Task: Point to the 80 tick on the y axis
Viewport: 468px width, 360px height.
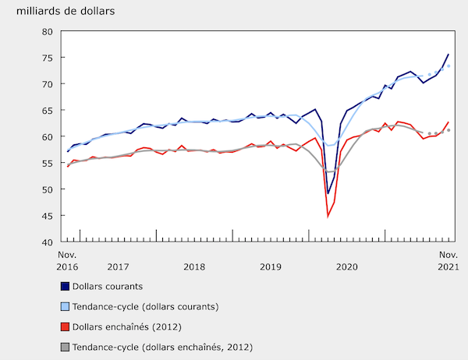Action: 46,31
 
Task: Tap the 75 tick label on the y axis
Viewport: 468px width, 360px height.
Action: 46,58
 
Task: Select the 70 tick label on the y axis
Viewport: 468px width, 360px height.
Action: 46,84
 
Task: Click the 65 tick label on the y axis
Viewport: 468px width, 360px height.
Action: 46,111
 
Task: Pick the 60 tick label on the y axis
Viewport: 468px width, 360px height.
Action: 46,137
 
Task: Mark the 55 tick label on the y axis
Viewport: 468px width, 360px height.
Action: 46,163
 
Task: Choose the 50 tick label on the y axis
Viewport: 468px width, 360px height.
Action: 46,189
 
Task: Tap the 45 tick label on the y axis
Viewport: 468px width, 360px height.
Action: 46,216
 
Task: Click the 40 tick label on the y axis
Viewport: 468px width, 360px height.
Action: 46,242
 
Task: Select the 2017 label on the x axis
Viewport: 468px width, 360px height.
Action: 119,266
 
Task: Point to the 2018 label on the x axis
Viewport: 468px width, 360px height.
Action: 194,266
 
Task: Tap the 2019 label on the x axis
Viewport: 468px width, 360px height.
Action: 271,266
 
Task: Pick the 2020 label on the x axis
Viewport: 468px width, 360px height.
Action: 346,266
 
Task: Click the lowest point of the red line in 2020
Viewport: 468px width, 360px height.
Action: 328,216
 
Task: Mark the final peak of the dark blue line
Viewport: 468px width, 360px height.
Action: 448,55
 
